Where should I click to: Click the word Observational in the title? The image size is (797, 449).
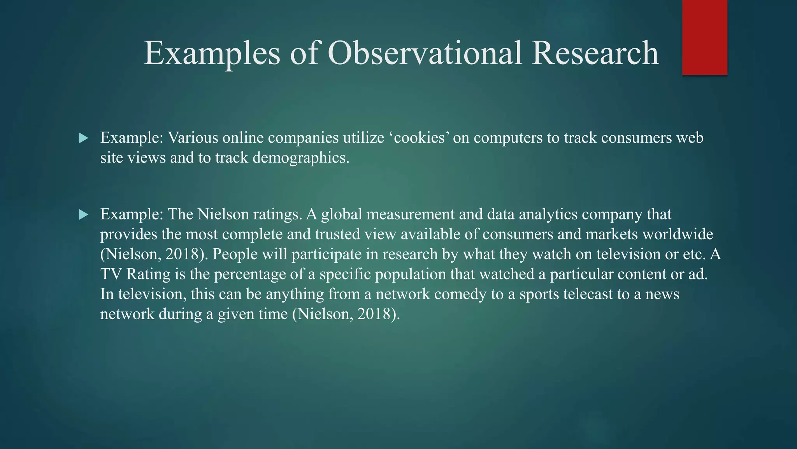425,53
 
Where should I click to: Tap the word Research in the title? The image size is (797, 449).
595,53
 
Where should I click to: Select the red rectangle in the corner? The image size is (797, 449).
704,37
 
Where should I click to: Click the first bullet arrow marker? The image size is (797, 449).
83,138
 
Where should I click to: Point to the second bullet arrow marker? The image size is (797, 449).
83,214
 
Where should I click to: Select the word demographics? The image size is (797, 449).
301,158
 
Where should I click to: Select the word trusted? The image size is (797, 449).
337,234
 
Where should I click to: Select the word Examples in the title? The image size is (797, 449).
212,53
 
